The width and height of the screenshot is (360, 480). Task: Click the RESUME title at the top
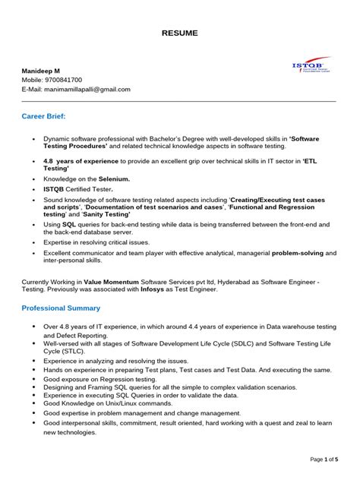pos(179,33)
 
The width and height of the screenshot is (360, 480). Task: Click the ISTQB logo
pos(311,67)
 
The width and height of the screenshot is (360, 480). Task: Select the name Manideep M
pos(41,70)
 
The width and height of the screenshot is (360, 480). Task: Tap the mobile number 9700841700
pos(63,80)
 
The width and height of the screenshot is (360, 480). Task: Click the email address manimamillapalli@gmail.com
pos(87,89)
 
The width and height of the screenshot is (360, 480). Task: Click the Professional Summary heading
pos(61,308)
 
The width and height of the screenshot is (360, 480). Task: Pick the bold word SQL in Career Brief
pos(69,226)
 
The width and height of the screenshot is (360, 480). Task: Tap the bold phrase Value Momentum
pos(115,281)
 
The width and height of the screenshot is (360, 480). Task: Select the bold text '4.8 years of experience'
pos(84,161)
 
